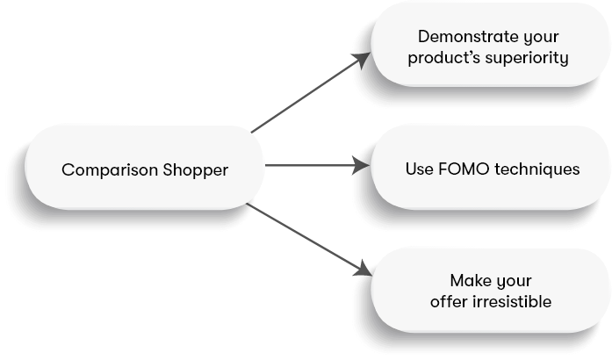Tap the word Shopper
point(196,169)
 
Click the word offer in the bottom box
point(449,302)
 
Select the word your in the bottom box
point(513,281)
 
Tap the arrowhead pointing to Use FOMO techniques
point(361,165)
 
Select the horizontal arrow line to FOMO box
point(307,165)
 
